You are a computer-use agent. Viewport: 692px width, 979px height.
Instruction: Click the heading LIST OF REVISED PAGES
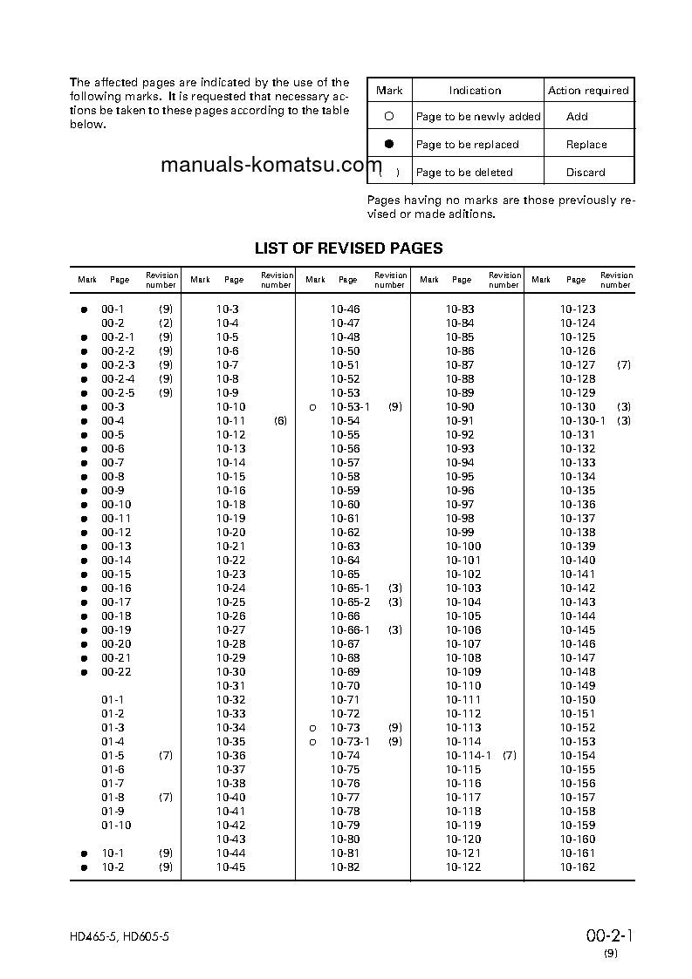pyautogui.click(x=348, y=248)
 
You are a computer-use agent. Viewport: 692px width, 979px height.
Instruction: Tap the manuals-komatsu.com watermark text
pyautogui.click(x=271, y=167)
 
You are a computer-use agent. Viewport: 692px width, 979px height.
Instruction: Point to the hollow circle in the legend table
pyautogui.click(x=389, y=116)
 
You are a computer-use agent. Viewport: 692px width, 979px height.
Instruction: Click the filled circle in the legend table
pyautogui.click(x=389, y=144)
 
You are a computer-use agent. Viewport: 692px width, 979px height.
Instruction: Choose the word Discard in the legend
pyautogui.click(x=586, y=173)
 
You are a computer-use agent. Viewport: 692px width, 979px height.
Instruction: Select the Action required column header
pyautogui.click(x=588, y=91)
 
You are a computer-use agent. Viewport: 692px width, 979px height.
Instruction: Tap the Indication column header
pyautogui.click(x=475, y=91)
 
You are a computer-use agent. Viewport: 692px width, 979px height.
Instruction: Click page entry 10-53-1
pyautogui.click(x=350, y=407)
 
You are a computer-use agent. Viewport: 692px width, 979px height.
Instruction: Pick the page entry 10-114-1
pyautogui.click(x=469, y=756)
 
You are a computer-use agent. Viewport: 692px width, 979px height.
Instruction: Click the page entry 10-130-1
pyautogui.click(x=582, y=421)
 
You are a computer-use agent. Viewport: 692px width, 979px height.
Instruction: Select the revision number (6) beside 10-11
pyautogui.click(x=280, y=421)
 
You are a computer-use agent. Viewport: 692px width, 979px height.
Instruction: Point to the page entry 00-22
pyautogui.click(x=116, y=672)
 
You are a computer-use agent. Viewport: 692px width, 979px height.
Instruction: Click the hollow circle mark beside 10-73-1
pyautogui.click(x=312, y=742)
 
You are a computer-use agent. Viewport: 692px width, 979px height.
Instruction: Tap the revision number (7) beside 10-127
pyautogui.click(x=623, y=365)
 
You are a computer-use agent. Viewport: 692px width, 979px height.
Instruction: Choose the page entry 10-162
pyautogui.click(x=578, y=867)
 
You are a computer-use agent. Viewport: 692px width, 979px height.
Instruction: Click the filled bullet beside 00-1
pyautogui.click(x=85, y=309)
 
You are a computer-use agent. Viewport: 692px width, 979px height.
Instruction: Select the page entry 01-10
pyautogui.click(x=116, y=826)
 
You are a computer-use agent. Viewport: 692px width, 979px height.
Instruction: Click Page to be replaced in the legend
pyautogui.click(x=467, y=145)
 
